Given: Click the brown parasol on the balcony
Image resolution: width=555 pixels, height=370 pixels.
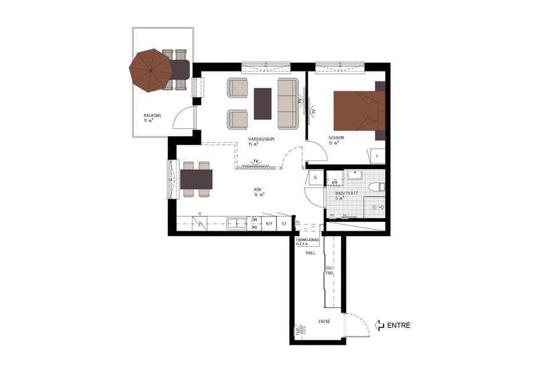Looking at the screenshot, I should [150, 70].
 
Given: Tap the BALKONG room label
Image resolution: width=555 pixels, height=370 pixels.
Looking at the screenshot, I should [152, 115].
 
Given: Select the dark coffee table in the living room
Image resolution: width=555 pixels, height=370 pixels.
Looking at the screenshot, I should [263, 103].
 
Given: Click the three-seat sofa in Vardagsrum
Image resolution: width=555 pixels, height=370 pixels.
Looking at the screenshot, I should [287, 103].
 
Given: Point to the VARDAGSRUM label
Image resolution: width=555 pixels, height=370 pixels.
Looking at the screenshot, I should [261, 140].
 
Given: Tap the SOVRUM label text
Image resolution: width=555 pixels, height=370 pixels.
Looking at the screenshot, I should [336, 138].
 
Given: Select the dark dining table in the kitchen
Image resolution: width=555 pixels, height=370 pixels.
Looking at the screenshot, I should [196, 179].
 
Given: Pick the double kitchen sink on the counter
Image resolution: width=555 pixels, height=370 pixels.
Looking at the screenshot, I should [236, 223].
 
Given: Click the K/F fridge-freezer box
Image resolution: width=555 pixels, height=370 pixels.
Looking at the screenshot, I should [269, 224].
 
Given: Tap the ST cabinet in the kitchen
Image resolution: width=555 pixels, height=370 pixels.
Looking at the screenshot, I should [284, 224].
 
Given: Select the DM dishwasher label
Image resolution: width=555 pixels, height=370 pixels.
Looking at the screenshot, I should [253, 220].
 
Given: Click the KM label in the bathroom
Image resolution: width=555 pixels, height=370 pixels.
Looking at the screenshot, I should [334, 183].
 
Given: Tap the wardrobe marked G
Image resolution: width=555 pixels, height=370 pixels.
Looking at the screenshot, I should [315, 178].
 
